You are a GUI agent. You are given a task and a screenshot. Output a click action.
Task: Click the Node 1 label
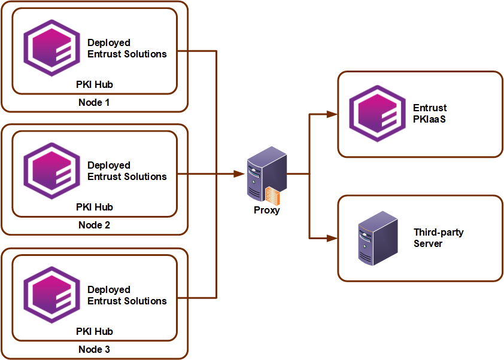coord(94,102)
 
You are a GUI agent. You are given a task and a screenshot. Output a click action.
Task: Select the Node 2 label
coord(94,225)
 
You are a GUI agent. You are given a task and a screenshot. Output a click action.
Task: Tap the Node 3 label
coord(94,349)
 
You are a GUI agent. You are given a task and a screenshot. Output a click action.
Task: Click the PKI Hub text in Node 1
coord(95,84)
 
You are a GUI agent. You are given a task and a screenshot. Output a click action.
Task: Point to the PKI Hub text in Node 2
coord(95,207)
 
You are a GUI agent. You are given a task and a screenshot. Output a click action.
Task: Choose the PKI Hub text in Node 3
coord(95,331)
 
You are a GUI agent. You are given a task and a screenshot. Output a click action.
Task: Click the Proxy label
coord(267,210)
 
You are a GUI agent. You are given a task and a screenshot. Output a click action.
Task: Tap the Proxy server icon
coord(267,175)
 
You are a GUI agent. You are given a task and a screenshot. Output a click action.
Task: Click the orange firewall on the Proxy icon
coord(272,196)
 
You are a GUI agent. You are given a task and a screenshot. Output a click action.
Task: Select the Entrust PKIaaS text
coord(430,114)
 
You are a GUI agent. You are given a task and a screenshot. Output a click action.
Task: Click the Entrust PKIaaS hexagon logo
coord(377,114)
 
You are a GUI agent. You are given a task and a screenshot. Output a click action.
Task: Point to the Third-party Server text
coord(438,238)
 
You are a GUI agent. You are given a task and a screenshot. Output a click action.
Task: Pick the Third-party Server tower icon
coord(378,238)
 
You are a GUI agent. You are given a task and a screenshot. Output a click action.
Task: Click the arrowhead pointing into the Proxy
coord(239,174)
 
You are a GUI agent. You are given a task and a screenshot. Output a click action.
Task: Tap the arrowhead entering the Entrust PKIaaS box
coord(332,114)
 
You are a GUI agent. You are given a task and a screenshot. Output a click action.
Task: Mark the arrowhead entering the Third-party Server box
coord(332,238)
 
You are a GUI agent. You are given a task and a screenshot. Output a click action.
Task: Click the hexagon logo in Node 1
coord(51,48)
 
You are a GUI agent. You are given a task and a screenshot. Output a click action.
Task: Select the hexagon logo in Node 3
coord(51,295)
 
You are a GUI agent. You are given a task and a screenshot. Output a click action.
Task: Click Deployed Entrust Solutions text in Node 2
coord(127,171)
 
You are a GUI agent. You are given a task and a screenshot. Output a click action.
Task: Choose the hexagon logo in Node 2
coord(51,171)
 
